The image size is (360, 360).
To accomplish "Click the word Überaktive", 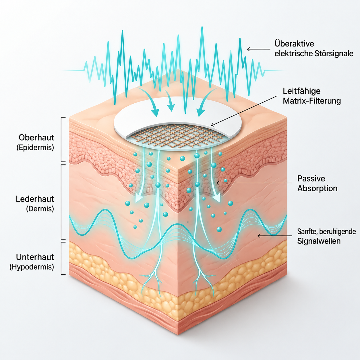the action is click(294, 44).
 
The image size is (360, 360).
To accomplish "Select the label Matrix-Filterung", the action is click(311, 101).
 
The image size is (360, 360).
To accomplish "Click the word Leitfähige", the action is click(301, 91).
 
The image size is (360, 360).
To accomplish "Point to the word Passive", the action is click(311, 178).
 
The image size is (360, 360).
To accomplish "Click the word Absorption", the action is click(317, 188).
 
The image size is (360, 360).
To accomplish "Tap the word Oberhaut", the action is click(36, 138).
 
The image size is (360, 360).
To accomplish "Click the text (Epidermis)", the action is click(35, 148).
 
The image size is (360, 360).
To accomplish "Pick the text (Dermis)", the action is click(40, 209).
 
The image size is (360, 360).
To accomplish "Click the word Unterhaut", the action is click(35, 257).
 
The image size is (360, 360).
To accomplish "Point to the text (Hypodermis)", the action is click(32, 267).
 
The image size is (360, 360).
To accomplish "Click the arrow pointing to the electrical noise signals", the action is click(259, 49).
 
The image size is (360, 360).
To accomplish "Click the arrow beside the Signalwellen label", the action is click(275, 236).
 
